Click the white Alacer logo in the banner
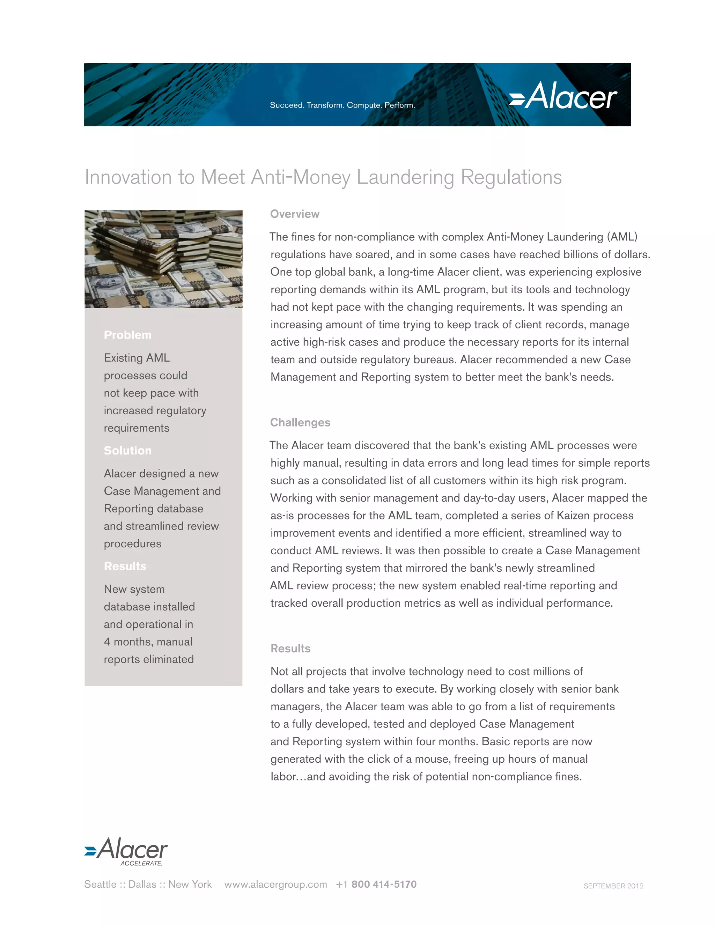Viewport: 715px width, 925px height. coord(563,96)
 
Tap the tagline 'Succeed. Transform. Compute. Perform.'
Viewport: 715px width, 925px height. coord(342,105)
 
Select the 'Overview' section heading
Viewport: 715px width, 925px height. coord(295,214)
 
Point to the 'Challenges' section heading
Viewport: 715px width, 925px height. coord(300,422)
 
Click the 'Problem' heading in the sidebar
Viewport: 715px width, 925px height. coord(127,335)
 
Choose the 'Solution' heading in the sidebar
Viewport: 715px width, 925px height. coord(127,451)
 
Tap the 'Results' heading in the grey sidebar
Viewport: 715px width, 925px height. coord(125,566)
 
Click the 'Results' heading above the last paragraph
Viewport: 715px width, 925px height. coord(290,649)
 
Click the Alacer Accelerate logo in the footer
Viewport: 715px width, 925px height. coord(126,851)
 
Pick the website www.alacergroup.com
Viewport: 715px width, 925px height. coord(276,885)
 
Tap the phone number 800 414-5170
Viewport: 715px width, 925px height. coord(384,885)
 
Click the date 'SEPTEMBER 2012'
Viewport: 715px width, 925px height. coord(613,886)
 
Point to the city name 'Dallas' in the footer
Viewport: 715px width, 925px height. coord(142,885)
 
